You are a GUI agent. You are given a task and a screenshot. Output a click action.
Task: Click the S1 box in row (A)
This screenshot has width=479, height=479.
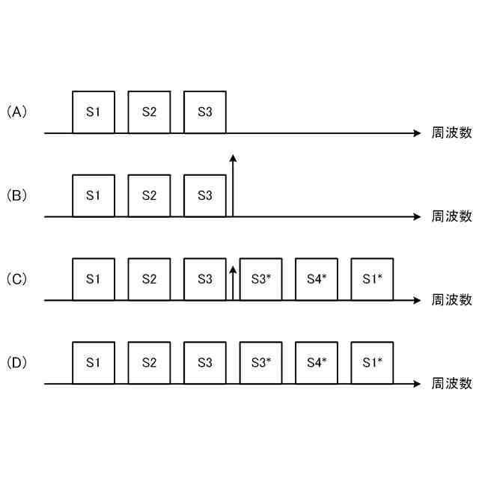[94, 112]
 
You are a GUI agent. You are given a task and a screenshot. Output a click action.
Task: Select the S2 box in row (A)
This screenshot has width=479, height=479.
[149, 112]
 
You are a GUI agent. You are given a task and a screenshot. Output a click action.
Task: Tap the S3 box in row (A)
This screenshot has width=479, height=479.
[204, 112]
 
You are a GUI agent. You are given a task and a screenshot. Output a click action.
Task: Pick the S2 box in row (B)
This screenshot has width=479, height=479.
[149, 196]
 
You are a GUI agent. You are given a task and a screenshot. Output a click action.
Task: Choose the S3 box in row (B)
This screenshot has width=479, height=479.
[204, 196]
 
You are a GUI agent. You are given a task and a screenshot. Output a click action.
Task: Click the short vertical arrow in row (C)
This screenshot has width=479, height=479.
[233, 285]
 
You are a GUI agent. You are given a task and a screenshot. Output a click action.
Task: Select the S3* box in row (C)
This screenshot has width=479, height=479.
[260, 280]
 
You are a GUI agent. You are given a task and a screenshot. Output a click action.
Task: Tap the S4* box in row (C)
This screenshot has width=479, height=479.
[317, 280]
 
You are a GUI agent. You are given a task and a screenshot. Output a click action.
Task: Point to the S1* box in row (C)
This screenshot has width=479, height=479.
[372, 280]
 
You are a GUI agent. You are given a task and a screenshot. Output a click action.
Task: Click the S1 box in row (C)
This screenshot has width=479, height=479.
[94, 280]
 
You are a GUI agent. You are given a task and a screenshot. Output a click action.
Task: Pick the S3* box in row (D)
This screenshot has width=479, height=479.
[260, 364]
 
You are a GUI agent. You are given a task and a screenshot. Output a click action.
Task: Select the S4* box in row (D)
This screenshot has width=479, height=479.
[317, 364]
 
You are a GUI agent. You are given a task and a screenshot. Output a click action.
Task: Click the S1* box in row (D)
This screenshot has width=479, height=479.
[372, 364]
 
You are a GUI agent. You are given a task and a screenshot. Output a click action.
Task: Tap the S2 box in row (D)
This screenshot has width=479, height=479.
[149, 364]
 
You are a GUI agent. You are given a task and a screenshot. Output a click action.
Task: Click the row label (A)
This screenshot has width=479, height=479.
[16, 112]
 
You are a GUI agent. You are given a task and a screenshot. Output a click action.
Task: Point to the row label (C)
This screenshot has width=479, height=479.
[16, 280]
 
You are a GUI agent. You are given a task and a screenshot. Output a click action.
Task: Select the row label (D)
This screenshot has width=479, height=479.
[16, 364]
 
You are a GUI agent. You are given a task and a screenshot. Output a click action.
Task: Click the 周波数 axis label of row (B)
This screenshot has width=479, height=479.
[452, 217]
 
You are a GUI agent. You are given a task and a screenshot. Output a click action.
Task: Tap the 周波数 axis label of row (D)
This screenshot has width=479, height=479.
[452, 385]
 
